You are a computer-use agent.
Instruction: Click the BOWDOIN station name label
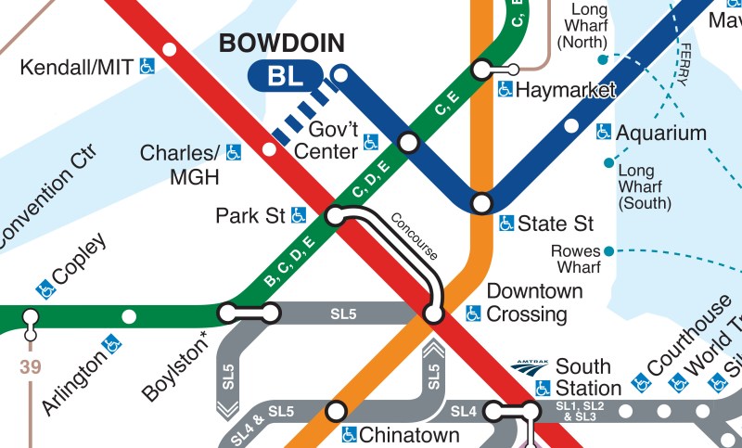click(x=280, y=43)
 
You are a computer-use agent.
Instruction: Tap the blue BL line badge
click(x=285, y=77)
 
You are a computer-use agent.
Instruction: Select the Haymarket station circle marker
click(x=481, y=70)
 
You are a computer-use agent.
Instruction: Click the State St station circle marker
click(x=481, y=202)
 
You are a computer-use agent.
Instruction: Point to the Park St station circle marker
click(x=335, y=216)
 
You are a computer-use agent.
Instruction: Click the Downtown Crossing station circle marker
click(x=433, y=314)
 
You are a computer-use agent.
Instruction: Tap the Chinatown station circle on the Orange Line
click(x=336, y=410)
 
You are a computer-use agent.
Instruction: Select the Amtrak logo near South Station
click(x=530, y=367)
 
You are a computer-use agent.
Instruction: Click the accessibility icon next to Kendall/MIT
click(x=147, y=66)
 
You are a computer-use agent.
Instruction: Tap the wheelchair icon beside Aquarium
click(x=604, y=133)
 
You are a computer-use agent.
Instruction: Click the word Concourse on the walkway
click(x=414, y=237)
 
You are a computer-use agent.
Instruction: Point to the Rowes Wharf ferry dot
click(x=608, y=250)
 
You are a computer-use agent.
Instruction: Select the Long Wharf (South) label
click(x=636, y=186)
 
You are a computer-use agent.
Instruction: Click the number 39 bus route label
click(x=31, y=367)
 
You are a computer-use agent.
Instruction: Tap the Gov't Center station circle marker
click(x=408, y=142)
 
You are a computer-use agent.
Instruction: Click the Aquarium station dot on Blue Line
click(x=571, y=125)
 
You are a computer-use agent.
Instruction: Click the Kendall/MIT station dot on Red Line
click(x=169, y=49)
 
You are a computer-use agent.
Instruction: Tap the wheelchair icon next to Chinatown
click(x=349, y=434)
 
